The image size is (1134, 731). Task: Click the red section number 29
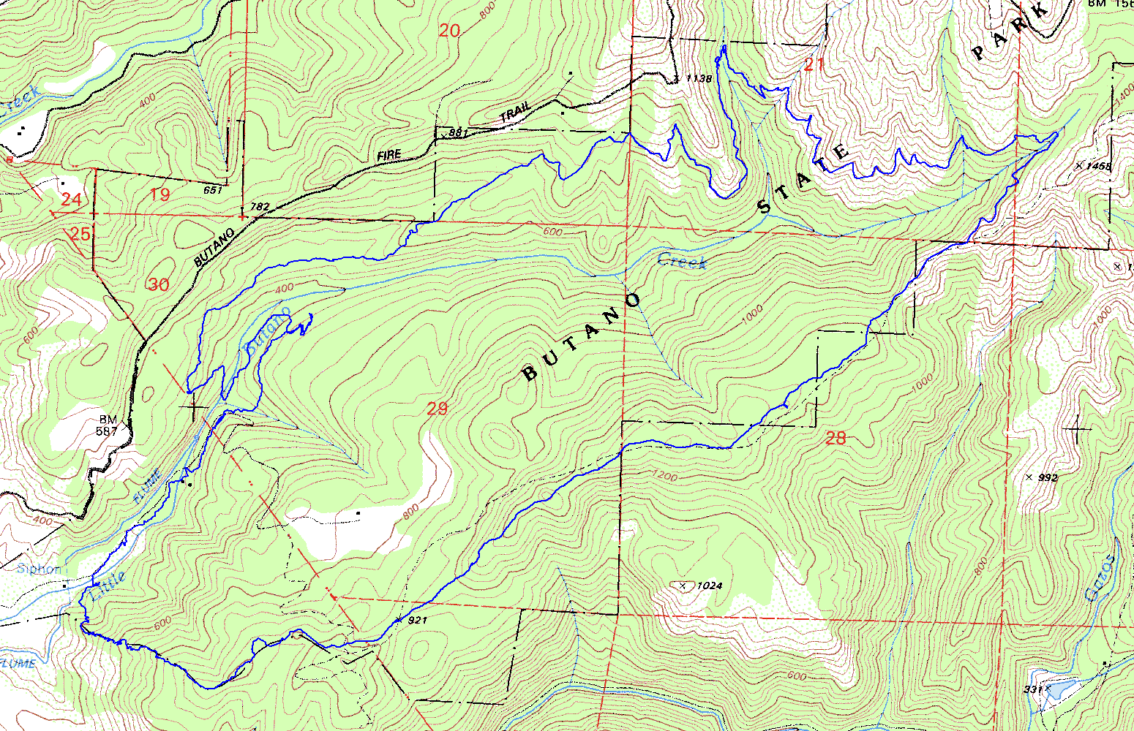click(437, 409)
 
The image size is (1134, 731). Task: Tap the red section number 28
click(836, 438)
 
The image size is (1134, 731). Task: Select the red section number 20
click(450, 30)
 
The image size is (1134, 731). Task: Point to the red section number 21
click(814, 65)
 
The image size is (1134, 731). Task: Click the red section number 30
click(158, 285)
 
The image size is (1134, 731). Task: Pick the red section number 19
click(159, 194)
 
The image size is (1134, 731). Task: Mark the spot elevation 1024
click(709, 586)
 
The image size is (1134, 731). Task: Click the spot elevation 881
click(457, 132)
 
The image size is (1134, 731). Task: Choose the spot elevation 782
click(260, 207)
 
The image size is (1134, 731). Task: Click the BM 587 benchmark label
click(107, 425)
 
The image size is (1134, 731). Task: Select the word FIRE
click(389, 155)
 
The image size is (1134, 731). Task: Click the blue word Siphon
click(39, 569)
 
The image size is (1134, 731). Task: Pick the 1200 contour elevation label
click(664, 477)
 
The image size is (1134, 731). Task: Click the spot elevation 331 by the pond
click(1032, 689)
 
